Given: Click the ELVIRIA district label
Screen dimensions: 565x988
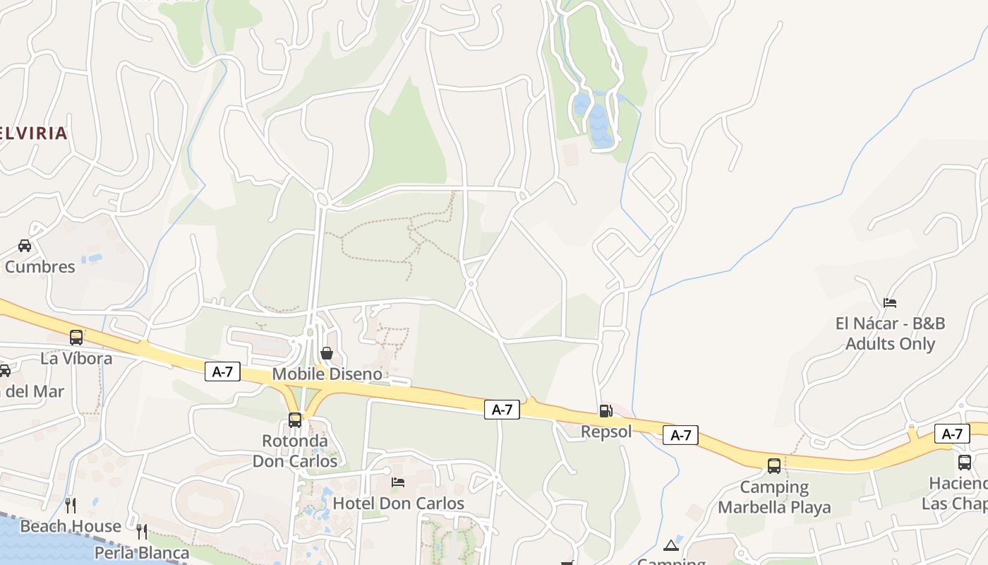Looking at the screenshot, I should [34, 133].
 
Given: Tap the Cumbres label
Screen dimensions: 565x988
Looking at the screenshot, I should [40, 266].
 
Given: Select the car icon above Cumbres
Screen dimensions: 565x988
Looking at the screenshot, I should [25, 246].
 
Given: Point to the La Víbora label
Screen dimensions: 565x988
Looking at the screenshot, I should [76, 358].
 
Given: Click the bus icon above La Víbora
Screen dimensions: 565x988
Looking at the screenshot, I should [76, 338].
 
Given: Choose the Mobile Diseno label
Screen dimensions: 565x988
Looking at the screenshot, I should [327, 374].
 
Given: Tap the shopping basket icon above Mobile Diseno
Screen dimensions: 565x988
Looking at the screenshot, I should [327, 352].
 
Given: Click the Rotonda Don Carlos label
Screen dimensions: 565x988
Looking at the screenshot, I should [295, 451].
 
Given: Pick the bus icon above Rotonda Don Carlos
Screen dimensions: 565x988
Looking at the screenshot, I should [295, 420].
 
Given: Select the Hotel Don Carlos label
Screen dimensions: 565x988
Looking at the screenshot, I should [399, 503].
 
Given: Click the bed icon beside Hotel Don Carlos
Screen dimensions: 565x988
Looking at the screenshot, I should [398, 482].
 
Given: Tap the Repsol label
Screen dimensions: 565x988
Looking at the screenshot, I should [606, 431].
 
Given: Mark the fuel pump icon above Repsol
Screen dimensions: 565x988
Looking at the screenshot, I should [606, 410].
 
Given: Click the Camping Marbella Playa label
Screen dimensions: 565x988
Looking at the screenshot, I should [774, 496].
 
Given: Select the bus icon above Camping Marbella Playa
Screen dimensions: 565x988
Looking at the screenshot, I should [774, 465].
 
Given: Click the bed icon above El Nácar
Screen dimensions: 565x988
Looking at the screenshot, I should [890, 303].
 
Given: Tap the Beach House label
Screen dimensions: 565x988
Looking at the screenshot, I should [71, 526].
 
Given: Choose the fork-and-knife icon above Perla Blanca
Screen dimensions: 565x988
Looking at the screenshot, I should [142, 531].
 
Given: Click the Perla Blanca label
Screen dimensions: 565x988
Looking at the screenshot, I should [142, 552].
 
